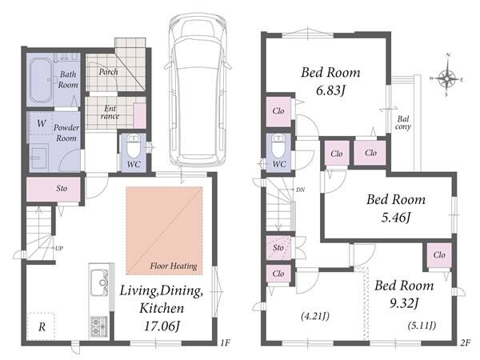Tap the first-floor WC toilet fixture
point(134,146)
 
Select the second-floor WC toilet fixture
point(278,146)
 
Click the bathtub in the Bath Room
point(41,81)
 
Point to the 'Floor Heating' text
point(174,266)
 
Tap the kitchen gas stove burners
point(99,326)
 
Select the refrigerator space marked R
point(42,326)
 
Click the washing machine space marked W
point(41,123)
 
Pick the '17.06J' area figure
point(162,326)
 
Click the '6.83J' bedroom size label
point(330,90)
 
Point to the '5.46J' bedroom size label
point(395,218)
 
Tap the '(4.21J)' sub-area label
point(315,316)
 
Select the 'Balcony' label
point(403,122)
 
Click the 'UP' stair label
point(59,248)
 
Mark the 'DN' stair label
point(300,190)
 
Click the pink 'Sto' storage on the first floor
point(54,189)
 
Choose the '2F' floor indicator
point(465,343)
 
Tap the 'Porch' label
point(108,72)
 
